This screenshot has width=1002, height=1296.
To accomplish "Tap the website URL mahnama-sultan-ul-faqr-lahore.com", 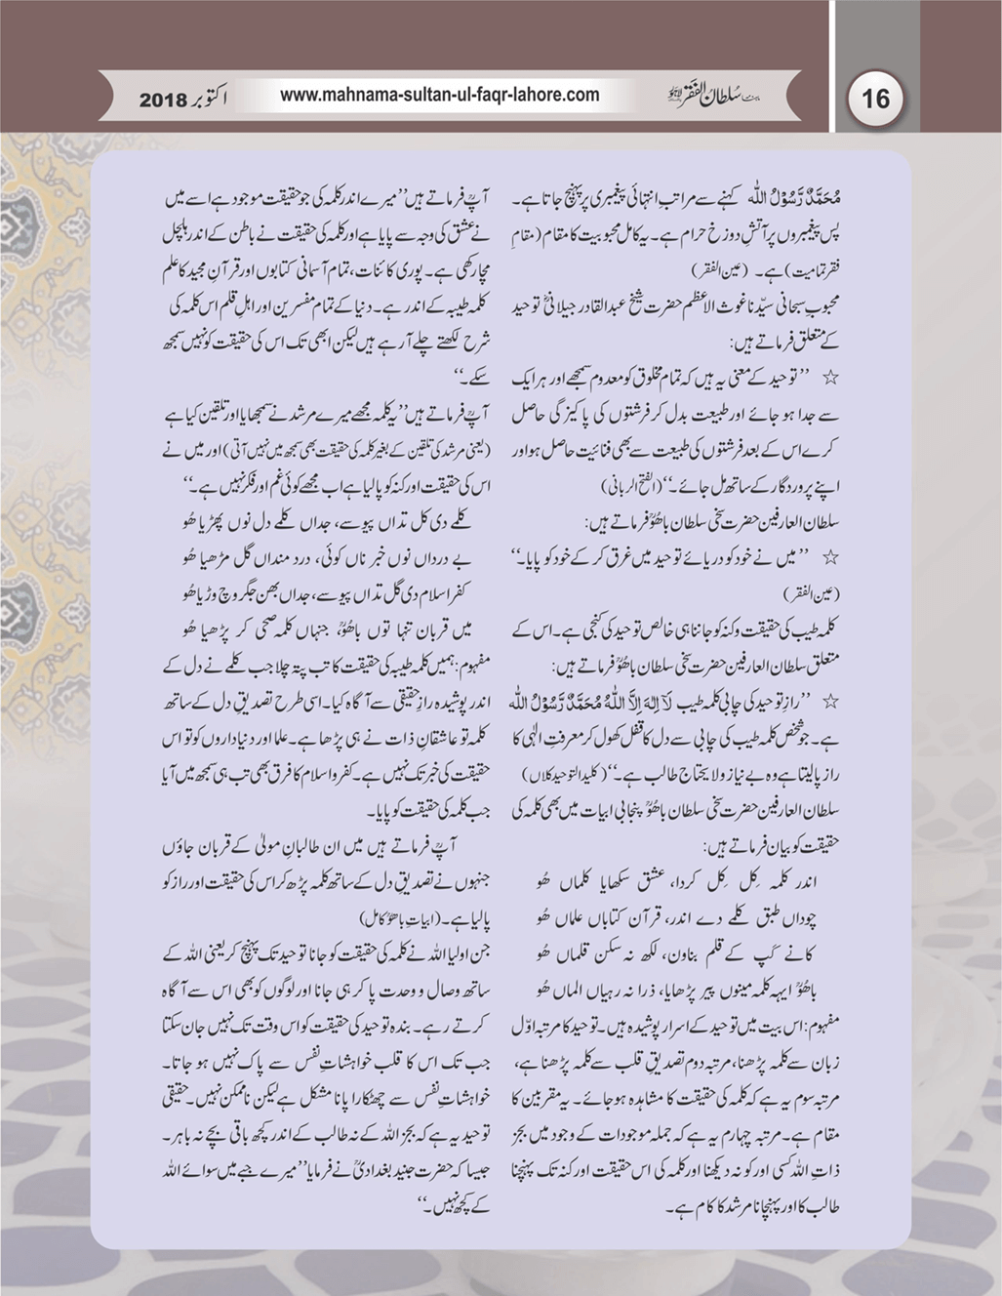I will (439, 96).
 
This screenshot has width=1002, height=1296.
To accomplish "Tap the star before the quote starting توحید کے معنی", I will (831, 375).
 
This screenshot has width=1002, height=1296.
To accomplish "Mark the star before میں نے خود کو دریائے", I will (831, 556).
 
